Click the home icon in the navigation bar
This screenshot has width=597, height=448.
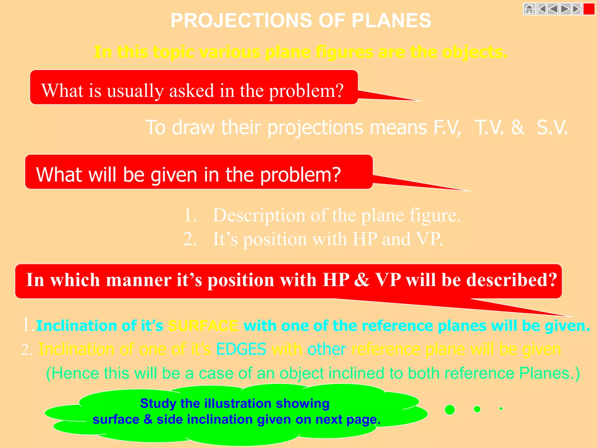pos(529,9)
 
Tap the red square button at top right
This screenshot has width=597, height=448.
pos(589,9)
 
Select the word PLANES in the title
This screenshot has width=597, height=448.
pos(391,20)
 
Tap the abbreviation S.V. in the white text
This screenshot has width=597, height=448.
pos(552,127)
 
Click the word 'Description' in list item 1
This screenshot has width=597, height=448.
pos(259,215)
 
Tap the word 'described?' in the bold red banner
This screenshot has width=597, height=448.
pos(512,280)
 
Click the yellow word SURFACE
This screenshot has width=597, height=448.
pos(203,326)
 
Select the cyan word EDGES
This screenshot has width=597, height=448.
pos(241,349)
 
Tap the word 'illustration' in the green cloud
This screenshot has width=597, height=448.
pos(238,404)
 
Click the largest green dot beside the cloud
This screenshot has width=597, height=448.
pos(450,410)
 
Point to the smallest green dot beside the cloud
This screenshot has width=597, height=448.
pos(501,409)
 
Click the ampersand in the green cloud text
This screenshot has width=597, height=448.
pos(148,420)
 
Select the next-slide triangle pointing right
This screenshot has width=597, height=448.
pos(565,9)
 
